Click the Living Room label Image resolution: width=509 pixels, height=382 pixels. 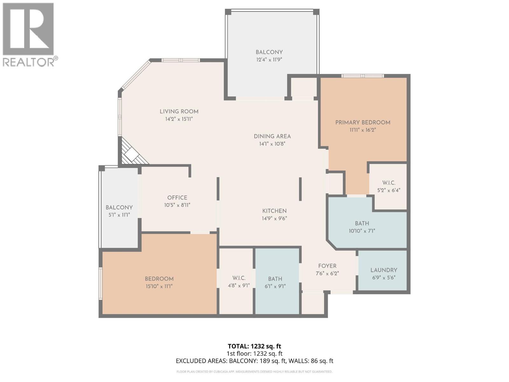[x=179, y=111]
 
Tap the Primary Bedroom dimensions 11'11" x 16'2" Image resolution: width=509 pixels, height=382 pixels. [x=362, y=130]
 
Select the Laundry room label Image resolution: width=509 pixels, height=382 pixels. [x=383, y=270]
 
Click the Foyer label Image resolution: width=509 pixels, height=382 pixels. [x=327, y=266]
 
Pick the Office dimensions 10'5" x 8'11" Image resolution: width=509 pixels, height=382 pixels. [x=177, y=205]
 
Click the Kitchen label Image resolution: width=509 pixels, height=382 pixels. [x=274, y=211]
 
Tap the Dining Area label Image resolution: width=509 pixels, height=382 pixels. [x=272, y=136]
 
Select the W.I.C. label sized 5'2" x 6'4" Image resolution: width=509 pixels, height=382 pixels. [x=388, y=183]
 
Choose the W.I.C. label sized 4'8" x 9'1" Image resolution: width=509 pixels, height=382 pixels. [x=239, y=278]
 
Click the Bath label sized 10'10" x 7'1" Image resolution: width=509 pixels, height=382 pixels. [x=362, y=223]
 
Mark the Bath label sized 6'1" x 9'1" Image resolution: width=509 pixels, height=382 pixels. [x=275, y=279]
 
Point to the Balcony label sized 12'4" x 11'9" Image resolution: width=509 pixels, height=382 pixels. [x=269, y=52]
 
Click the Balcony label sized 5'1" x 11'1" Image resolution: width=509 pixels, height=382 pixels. [x=119, y=208]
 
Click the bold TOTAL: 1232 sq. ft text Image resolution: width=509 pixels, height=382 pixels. [x=254, y=346]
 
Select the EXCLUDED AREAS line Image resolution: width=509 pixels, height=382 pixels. [x=254, y=361]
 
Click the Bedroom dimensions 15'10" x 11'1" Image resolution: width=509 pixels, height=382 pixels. [x=159, y=286]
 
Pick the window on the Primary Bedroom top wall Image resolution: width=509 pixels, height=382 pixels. [x=363, y=76]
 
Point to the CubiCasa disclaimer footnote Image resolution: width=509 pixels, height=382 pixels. [x=254, y=371]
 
